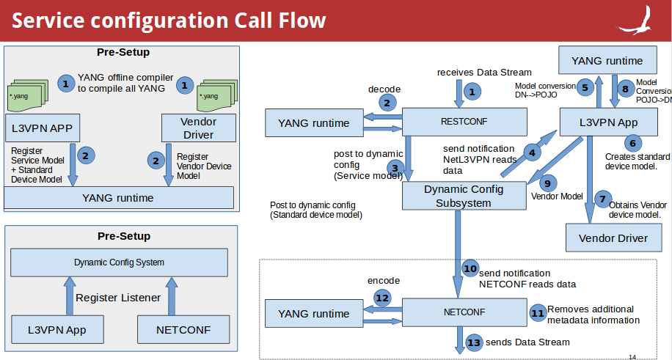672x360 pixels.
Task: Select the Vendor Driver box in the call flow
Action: (x=613, y=238)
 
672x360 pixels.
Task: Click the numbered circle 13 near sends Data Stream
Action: (x=474, y=342)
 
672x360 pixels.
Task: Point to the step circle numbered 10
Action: (x=470, y=269)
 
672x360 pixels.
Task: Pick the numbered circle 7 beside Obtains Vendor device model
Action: (x=602, y=199)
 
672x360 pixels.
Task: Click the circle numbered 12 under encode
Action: (x=382, y=298)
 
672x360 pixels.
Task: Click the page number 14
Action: (x=632, y=357)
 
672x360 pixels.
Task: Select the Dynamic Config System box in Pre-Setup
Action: (x=119, y=262)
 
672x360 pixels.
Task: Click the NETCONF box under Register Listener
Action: (x=183, y=330)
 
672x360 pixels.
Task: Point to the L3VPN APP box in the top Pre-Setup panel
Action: (x=41, y=128)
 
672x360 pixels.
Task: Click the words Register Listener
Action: (x=117, y=298)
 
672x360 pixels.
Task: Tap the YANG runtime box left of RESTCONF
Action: (x=313, y=122)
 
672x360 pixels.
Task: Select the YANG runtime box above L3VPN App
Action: (x=607, y=61)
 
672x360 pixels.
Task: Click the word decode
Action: (x=384, y=89)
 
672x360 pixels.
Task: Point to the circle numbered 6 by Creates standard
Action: (x=632, y=143)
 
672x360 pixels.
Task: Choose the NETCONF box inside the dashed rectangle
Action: (x=464, y=312)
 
